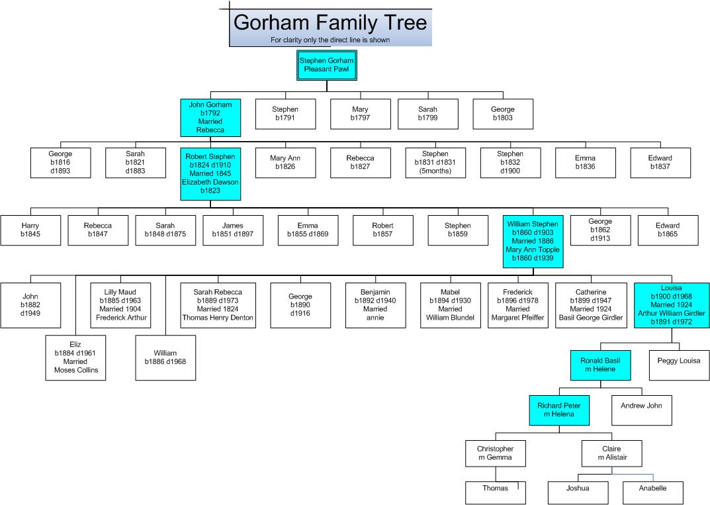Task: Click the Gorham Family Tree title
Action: (x=330, y=23)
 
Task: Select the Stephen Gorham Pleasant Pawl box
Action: (x=326, y=66)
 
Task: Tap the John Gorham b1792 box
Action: (x=210, y=118)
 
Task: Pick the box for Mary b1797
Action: (x=361, y=114)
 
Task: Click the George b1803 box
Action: (x=503, y=114)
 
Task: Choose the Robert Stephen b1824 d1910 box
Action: (x=210, y=174)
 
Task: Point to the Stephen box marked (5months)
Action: (x=435, y=163)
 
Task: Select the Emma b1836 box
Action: (x=586, y=163)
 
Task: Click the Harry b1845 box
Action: (x=31, y=230)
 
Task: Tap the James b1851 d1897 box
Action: (x=233, y=230)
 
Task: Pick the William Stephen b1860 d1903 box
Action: (x=533, y=242)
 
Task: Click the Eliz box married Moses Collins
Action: (x=75, y=358)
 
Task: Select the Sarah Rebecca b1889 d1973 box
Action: (x=218, y=305)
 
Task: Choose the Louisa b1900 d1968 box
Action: (x=672, y=305)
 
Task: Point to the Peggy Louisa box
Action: (x=679, y=365)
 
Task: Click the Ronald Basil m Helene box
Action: (x=600, y=365)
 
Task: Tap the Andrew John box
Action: (x=642, y=410)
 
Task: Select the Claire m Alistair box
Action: (x=612, y=453)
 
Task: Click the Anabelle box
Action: (x=653, y=493)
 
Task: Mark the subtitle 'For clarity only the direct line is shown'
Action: (x=330, y=40)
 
